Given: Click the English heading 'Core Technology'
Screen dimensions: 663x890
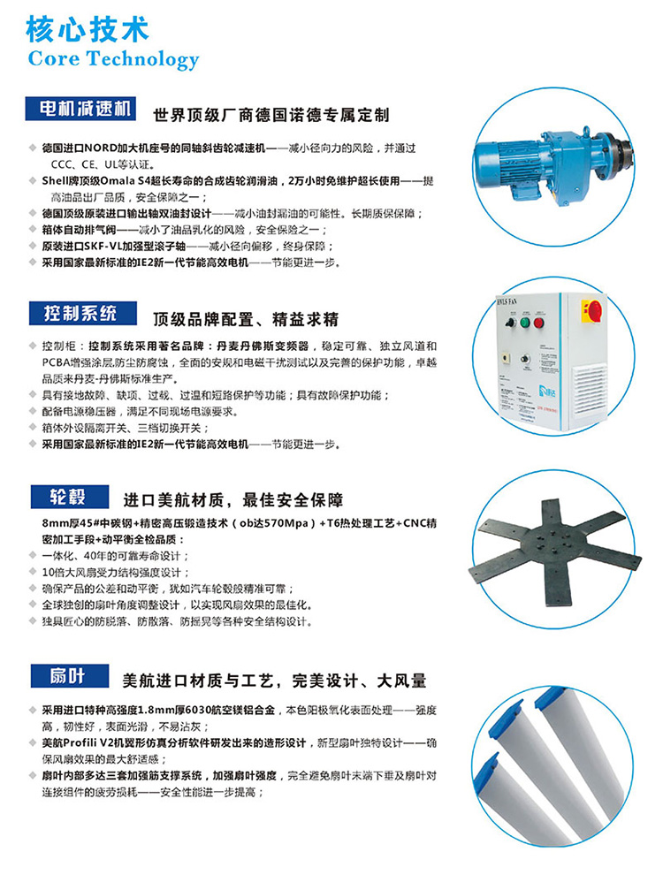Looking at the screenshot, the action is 113,59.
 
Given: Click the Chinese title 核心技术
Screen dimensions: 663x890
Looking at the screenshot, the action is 87,29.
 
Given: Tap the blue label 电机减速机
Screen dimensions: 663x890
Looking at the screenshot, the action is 80,109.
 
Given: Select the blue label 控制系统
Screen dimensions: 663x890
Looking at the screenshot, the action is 83,314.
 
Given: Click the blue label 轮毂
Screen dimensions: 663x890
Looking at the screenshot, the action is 69,498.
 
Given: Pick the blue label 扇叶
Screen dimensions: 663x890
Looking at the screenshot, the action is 69,676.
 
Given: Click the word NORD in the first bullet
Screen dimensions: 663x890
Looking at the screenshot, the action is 101,148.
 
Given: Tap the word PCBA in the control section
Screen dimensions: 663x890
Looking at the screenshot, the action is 56,362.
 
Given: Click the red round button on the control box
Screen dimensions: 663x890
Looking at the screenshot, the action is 538,323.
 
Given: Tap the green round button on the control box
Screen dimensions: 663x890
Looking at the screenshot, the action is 524,323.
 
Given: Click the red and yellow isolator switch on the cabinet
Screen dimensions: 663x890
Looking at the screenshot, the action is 592,312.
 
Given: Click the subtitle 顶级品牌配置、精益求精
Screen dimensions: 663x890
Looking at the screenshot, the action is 246,319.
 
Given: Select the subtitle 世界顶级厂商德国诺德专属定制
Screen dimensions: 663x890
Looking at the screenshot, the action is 271,115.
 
